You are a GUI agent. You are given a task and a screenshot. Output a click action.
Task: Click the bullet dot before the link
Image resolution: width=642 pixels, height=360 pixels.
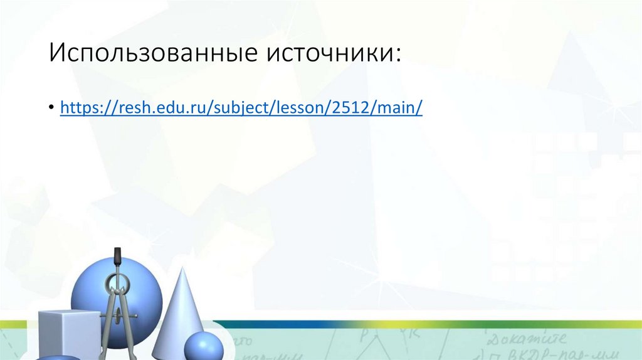coord(51,109)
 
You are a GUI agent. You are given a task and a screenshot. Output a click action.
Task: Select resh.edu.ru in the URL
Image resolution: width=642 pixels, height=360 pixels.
coord(155,108)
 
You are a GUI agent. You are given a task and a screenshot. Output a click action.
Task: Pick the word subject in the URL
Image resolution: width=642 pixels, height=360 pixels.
coord(239,108)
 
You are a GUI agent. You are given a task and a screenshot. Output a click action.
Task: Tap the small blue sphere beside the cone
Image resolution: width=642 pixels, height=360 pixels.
coord(203,346)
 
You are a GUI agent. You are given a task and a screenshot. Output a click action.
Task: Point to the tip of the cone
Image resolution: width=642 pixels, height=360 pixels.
coord(182,268)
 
